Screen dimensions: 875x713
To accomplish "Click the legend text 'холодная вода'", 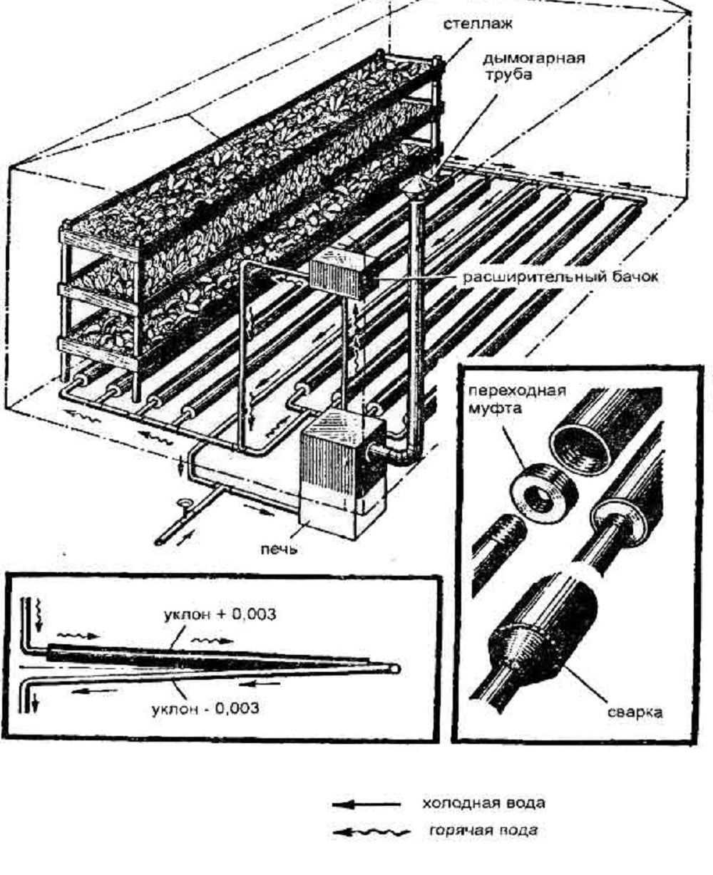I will [x=484, y=804].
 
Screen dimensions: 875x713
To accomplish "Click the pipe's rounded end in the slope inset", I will [x=393, y=668].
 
